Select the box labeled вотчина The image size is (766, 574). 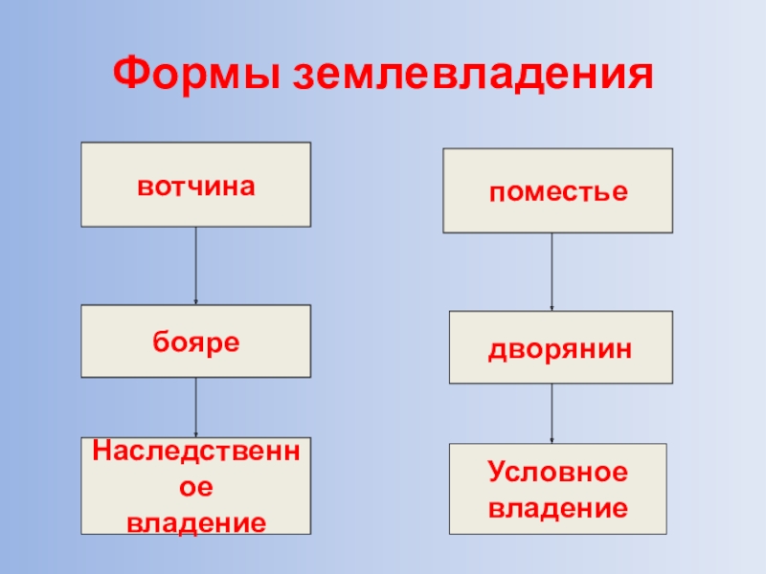click(x=195, y=185)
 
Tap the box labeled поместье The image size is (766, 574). click(x=557, y=190)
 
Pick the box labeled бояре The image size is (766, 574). click(x=195, y=341)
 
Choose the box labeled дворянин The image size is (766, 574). click(x=560, y=347)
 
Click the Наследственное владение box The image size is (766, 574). click(x=195, y=486)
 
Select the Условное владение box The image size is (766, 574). click(x=558, y=488)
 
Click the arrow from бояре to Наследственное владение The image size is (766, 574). click(x=196, y=408)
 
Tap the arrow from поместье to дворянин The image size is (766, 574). click(x=552, y=272)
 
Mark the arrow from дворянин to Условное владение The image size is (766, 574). click(x=552, y=413)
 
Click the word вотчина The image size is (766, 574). click(x=195, y=186)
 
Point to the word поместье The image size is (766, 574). click(x=558, y=192)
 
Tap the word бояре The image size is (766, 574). click(x=195, y=342)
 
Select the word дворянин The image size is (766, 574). click(x=560, y=349)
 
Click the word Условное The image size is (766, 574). click(x=558, y=473)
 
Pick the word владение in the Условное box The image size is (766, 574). click(x=558, y=506)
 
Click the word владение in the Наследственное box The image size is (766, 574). click(x=195, y=522)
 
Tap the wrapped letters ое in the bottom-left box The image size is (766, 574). click(x=195, y=487)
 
